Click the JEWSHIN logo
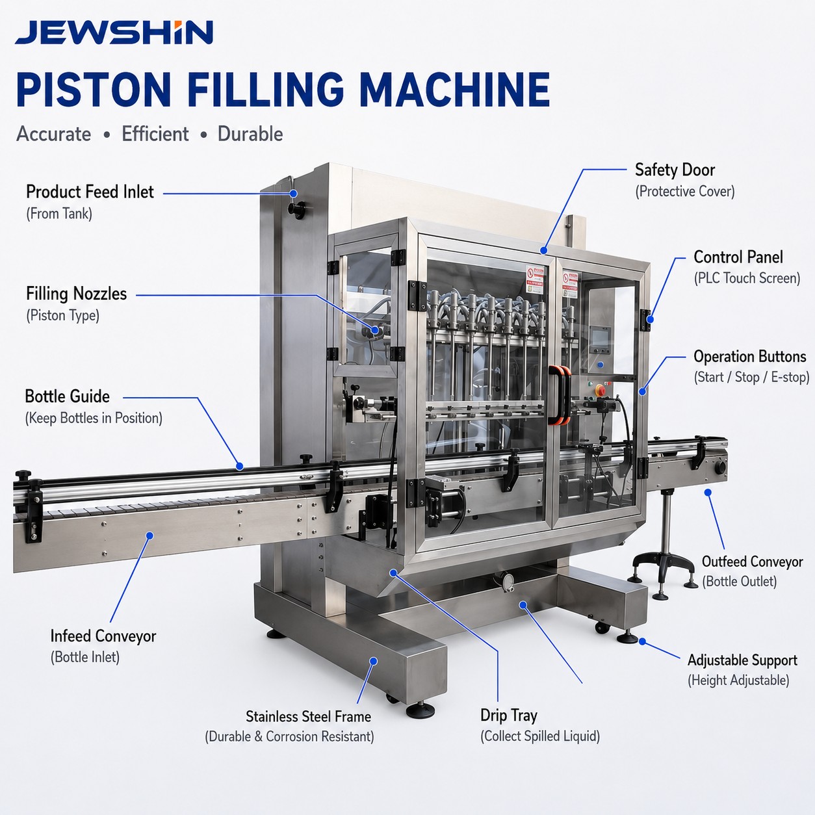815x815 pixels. pyautogui.click(x=114, y=32)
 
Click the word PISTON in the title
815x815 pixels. pyautogui.click(x=94, y=90)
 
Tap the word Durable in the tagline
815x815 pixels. pyautogui.click(x=250, y=134)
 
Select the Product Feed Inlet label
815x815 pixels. pyautogui.click(x=90, y=192)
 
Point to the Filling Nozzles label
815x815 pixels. pyautogui.click(x=76, y=294)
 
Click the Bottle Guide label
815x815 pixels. pyautogui.click(x=67, y=396)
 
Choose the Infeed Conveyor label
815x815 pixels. pyautogui.click(x=103, y=636)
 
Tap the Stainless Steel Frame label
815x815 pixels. pyautogui.click(x=308, y=716)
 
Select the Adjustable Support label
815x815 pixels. pyautogui.click(x=742, y=660)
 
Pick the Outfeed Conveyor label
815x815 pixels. pyautogui.click(x=753, y=562)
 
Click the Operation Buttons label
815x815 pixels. pyautogui.click(x=750, y=357)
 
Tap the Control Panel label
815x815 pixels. pyautogui.click(x=738, y=257)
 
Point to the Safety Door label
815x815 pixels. pyautogui.click(x=675, y=170)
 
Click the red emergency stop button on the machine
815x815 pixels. pyautogui.click(x=600, y=390)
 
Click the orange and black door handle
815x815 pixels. pyautogui.click(x=560, y=395)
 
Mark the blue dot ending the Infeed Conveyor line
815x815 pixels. pyautogui.click(x=149, y=536)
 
